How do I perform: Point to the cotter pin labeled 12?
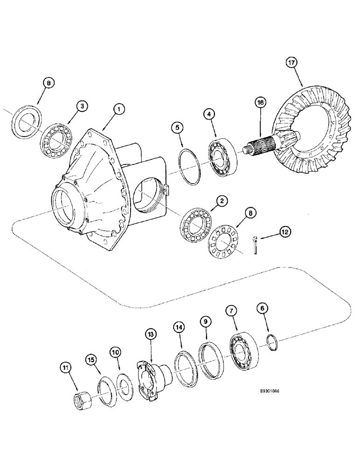[256, 246]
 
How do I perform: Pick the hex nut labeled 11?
[83, 400]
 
